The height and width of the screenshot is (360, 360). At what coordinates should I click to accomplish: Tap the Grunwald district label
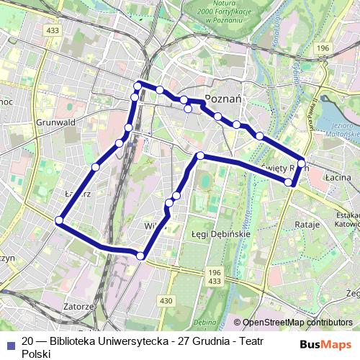[55, 122]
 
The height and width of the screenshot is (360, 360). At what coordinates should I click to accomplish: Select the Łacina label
[338, 176]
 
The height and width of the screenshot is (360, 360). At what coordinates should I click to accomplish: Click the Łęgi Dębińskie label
[220, 235]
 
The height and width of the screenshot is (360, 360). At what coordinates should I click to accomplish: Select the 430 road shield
[166, 300]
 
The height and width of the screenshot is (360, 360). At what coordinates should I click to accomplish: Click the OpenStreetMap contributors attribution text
[297, 323]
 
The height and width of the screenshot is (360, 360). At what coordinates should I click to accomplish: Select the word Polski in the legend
[36, 354]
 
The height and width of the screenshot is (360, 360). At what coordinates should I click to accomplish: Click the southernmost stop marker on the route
[141, 256]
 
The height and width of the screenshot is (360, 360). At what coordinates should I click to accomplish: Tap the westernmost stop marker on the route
[59, 220]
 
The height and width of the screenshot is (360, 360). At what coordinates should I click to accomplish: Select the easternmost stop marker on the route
[301, 162]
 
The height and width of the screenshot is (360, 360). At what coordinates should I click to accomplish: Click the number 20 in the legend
[28, 341]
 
